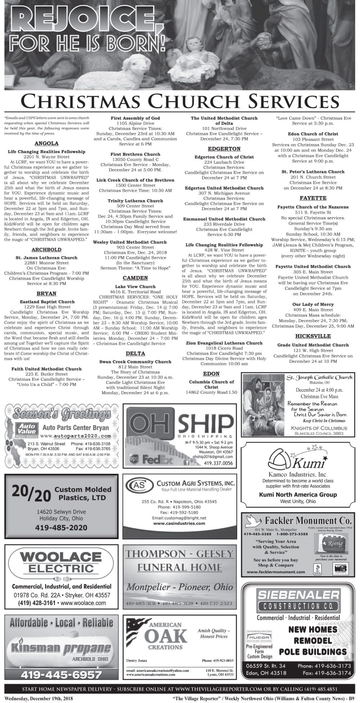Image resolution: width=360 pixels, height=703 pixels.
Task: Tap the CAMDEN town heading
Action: point(135,278)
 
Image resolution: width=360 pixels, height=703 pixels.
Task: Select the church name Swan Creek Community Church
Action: point(135,362)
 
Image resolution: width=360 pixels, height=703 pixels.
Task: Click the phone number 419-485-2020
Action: point(61,528)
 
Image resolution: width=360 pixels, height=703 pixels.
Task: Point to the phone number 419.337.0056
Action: point(218,463)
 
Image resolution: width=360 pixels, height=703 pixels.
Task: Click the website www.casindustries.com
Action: point(179,523)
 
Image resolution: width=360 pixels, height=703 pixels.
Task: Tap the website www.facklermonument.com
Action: point(276,572)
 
